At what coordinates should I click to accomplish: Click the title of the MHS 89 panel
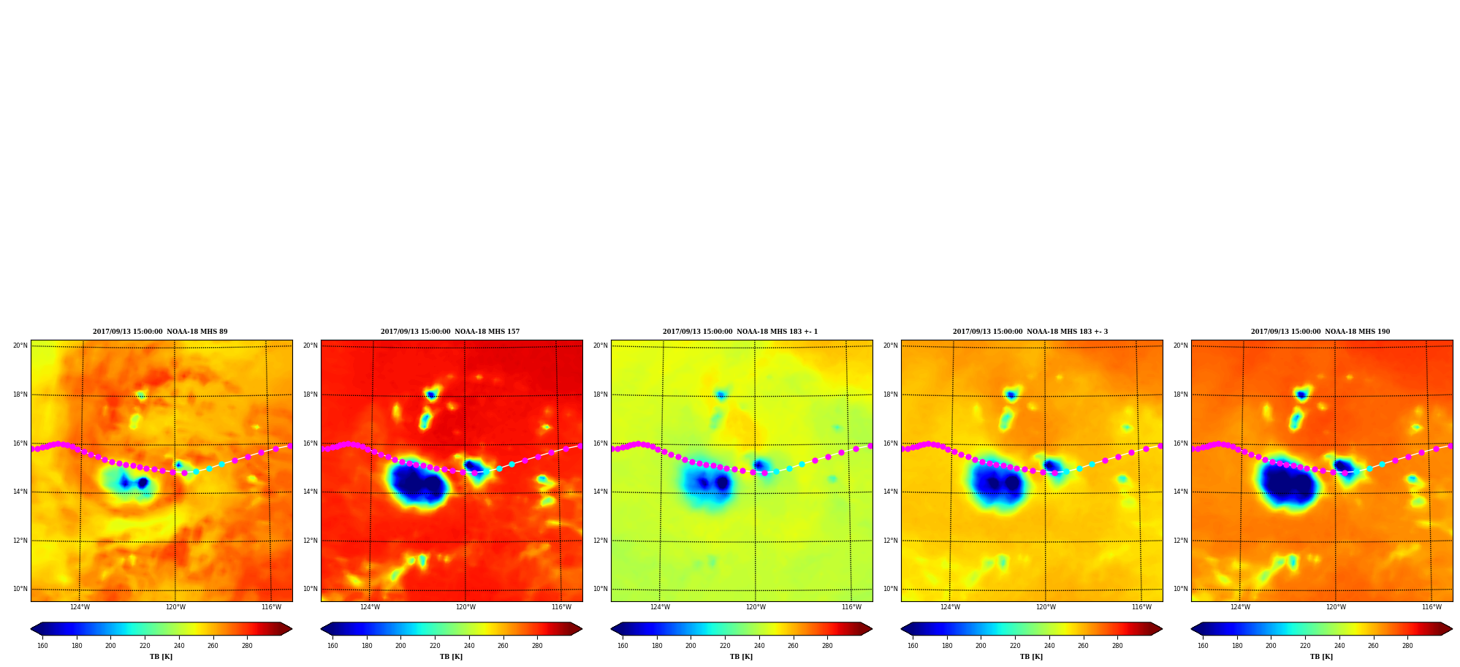pos(160,332)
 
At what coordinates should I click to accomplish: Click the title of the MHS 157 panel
pos(450,332)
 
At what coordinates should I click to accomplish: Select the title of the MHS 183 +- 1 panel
pos(740,332)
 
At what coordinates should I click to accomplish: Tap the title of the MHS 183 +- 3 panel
pos(1030,332)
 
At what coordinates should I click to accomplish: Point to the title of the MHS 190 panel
pos(1320,332)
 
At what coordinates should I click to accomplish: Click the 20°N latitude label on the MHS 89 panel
pos(20,346)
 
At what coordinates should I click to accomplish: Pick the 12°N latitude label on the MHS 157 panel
pos(310,541)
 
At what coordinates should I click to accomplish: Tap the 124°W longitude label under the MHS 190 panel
pos(1240,607)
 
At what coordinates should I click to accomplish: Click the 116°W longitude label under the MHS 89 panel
pos(271,607)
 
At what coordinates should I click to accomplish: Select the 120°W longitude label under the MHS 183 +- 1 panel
pos(756,607)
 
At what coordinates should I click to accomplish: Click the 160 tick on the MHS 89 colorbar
pos(42,646)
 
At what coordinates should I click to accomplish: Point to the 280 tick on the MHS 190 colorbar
pos(1407,646)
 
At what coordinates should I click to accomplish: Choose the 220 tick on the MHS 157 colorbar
pos(435,646)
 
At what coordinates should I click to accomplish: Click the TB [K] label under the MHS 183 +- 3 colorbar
pos(1031,657)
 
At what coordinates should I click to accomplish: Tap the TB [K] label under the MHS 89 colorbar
pos(161,657)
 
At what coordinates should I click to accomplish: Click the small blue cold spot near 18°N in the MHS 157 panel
pos(431,395)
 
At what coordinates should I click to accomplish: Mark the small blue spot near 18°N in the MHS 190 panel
pos(1301,395)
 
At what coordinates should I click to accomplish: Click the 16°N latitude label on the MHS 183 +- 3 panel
pos(890,443)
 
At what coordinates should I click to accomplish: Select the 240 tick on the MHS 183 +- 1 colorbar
pos(759,646)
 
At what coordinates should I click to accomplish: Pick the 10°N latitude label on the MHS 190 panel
pos(1180,589)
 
